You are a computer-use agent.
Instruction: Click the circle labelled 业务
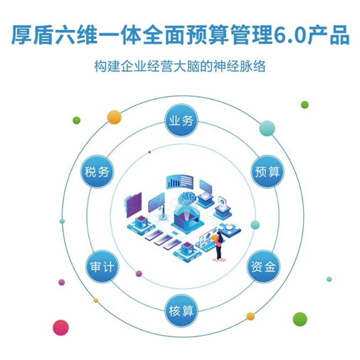click(x=181, y=121)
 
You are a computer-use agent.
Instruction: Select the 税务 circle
click(x=97, y=171)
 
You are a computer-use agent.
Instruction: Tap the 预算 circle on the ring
click(x=268, y=171)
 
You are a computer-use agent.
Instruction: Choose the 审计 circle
click(x=102, y=266)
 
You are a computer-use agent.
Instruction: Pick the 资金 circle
click(x=263, y=266)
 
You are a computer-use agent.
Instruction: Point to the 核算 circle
click(x=181, y=310)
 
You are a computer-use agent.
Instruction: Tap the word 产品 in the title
click(x=328, y=35)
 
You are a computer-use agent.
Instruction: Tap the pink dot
click(x=60, y=328)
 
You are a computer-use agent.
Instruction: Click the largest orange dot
click(x=115, y=117)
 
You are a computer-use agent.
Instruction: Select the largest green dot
click(x=300, y=319)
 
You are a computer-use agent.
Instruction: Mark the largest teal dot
click(x=268, y=128)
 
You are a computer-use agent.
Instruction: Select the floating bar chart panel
click(x=179, y=181)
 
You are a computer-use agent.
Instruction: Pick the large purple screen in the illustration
click(x=133, y=205)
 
